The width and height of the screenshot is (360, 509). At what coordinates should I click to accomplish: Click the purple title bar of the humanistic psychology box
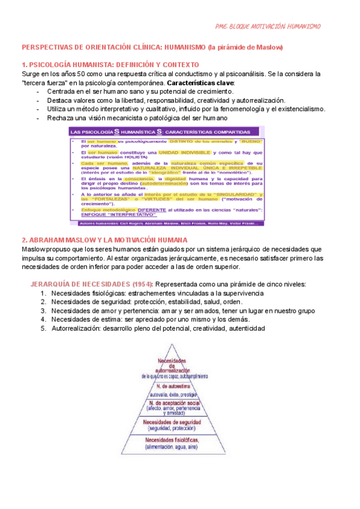tap(165, 131)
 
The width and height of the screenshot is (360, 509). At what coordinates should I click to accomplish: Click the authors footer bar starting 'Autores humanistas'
tap(165, 223)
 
